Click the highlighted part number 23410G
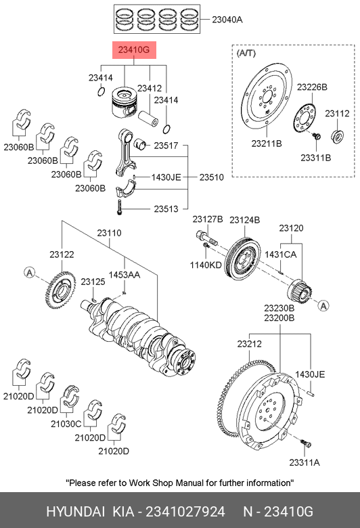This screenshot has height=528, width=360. click(x=134, y=50)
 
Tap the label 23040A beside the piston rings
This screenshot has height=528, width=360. click(x=227, y=20)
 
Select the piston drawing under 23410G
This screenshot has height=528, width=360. click(x=124, y=103)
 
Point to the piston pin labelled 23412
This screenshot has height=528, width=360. click(x=148, y=118)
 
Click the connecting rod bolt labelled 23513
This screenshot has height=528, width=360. click(x=119, y=207)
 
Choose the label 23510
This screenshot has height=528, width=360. click(x=212, y=177)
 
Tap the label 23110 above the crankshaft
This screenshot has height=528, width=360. click(x=109, y=233)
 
